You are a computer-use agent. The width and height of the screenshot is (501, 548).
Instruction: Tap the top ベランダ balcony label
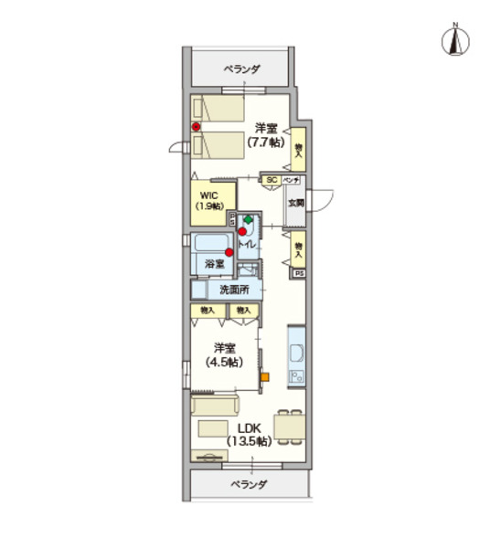[242, 68]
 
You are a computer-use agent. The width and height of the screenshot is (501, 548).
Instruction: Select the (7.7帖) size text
[266, 142]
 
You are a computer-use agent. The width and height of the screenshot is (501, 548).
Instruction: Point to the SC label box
[272, 180]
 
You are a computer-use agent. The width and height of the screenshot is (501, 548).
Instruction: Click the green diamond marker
[249, 220]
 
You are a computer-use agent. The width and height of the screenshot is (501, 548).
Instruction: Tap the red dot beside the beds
[195, 127]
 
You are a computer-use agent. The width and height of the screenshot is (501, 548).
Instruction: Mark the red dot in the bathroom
[229, 252]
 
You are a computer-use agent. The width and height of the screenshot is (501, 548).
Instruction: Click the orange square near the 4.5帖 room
[264, 375]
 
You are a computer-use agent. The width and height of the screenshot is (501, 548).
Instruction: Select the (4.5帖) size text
[225, 361]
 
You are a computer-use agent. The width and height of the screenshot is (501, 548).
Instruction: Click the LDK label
[251, 427]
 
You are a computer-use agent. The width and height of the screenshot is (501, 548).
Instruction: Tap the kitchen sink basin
[297, 354]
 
